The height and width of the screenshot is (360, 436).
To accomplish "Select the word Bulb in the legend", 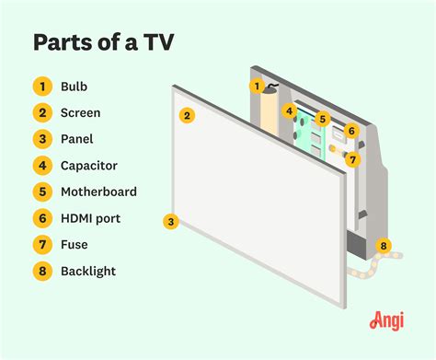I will click(75, 87).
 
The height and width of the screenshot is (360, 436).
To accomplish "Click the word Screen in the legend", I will click(81, 113).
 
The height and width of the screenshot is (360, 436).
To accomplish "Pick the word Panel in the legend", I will click(78, 140).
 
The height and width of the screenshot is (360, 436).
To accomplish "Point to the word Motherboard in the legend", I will click(99, 192).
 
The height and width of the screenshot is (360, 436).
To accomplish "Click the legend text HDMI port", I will click(91, 218).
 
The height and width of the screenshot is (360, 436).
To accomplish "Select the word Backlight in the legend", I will click(89, 272).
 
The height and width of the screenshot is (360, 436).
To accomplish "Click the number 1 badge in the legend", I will click(42, 87).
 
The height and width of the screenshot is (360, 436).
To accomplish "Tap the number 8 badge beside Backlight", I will click(42, 272).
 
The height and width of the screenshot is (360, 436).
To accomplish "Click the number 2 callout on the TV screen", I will click(187, 116).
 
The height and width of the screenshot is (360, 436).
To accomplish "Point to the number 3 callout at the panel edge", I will click(170, 221).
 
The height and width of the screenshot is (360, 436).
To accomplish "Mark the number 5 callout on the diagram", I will click(322, 119).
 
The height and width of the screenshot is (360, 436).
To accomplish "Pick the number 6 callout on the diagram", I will click(350, 131).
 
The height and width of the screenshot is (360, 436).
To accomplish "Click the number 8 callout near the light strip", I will click(384, 246).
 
